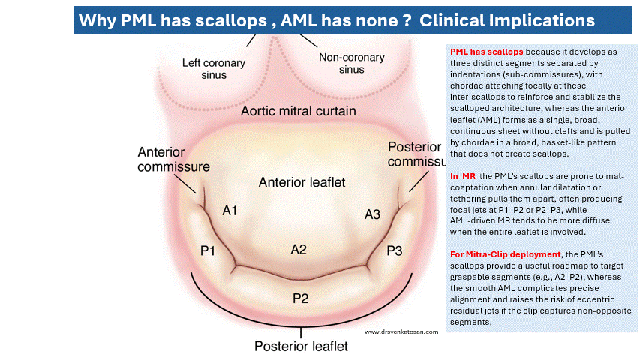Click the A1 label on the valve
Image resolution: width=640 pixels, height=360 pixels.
[230, 211]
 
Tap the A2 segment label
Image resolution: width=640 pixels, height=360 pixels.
[299, 249]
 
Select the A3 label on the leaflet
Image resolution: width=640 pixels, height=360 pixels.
[373, 214]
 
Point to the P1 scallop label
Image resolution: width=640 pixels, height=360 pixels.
[208, 250]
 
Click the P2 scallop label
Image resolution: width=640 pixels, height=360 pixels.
[301, 298]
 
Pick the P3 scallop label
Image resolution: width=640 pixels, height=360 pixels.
[395, 250]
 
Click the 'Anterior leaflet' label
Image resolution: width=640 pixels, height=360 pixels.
[300, 182]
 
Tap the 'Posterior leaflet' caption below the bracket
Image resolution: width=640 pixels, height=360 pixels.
[301, 346]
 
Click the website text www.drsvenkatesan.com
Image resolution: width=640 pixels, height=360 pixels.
[400, 331]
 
